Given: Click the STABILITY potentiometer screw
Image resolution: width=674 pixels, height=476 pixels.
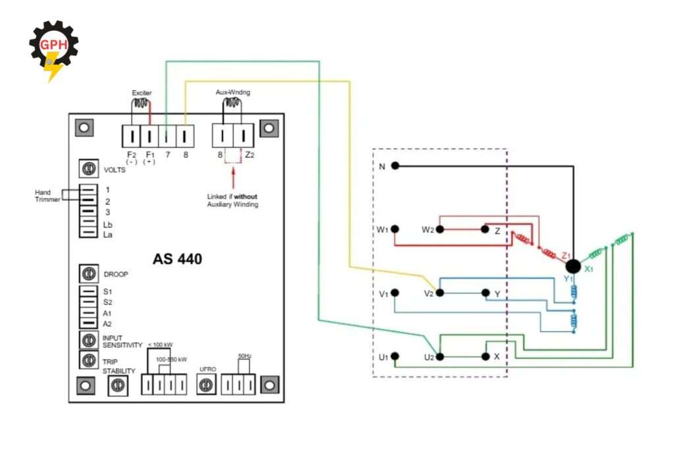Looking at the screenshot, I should pos(118,387).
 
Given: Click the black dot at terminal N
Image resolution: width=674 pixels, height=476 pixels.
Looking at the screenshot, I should pos(395,166).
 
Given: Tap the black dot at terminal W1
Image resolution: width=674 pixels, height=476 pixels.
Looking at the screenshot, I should pos(395,229).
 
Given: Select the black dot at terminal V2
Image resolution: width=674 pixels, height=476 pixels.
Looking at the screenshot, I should pos(439,293).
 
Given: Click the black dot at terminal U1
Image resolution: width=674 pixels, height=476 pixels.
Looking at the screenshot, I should pos(395,356).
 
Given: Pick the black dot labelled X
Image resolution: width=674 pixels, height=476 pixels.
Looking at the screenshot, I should pos(486,356).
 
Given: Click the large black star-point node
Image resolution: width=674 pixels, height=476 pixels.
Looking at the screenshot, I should pos(573,266).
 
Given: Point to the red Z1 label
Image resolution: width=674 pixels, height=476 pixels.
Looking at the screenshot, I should pos(567,254).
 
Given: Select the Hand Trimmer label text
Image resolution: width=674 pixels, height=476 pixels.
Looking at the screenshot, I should pos(47,195).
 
